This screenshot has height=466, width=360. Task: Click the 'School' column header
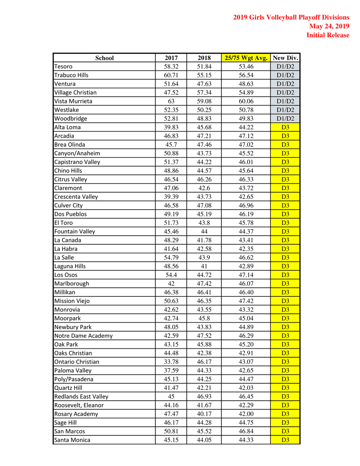[x=104, y=58]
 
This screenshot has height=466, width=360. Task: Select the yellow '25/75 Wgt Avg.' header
[x=245, y=58]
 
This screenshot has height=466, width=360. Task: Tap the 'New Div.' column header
[x=285, y=58]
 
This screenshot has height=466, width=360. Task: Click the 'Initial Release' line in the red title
[x=328, y=35]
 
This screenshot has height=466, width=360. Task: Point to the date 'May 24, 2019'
[x=329, y=26]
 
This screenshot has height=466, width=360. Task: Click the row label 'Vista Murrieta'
[x=73, y=101]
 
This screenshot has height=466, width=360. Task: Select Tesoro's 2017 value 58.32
[x=171, y=66]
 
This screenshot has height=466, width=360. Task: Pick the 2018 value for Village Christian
[x=204, y=92]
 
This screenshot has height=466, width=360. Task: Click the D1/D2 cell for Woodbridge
[x=285, y=118]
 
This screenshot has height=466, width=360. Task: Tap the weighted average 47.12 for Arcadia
[x=245, y=136]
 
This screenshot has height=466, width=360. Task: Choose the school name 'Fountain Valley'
[x=75, y=231]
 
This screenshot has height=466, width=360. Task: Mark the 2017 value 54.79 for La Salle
[x=171, y=257]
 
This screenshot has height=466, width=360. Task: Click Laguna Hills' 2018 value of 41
[x=204, y=266]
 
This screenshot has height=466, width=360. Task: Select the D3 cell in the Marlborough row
[x=285, y=283]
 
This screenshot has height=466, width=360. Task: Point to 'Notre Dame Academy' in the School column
[x=83, y=336]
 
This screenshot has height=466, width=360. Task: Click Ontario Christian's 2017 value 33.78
[x=171, y=362]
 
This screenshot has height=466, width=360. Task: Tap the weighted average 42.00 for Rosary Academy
[x=245, y=414]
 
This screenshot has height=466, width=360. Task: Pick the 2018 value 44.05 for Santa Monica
[x=204, y=440]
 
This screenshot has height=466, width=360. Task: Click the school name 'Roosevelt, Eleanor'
[x=79, y=405]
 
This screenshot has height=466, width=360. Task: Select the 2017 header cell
[x=171, y=58]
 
